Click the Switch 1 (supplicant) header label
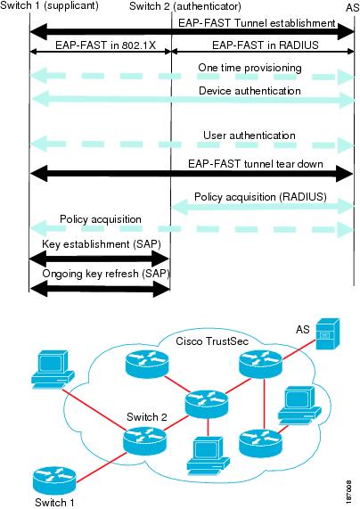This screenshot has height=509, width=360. pyautogui.click(x=49, y=6)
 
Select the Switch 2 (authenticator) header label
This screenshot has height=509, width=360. pyautogui.click(x=185, y=6)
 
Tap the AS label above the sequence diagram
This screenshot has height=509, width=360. pyautogui.click(x=352, y=7)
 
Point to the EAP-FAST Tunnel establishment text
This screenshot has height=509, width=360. pyautogui.click(x=257, y=23)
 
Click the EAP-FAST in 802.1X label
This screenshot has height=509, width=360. pyautogui.click(x=105, y=45)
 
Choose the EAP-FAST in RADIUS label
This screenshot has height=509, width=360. pyautogui.click(x=266, y=45)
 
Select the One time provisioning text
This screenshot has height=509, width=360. pyautogui.click(x=250, y=68)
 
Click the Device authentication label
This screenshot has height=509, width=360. pyautogui.click(x=250, y=91)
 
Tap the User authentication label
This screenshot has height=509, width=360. pyautogui.click(x=250, y=135)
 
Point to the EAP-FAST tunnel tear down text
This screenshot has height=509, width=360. pyautogui.click(x=256, y=163)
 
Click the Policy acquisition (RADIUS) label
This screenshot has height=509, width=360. pyautogui.click(x=260, y=197)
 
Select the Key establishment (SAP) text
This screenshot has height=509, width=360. pyautogui.click(x=102, y=244)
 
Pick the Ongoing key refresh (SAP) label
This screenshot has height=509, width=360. pyautogui.click(x=106, y=274)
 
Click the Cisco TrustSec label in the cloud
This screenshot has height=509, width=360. pyautogui.click(x=212, y=341)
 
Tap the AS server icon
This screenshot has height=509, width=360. pyautogui.click(x=328, y=334)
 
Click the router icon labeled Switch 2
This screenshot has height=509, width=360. pyautogui.click(x=145, y=439)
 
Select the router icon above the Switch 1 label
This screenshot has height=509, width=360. pyautogui.click(x=54, y=480)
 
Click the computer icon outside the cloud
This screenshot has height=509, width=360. pyautogui.click(x=53, y=369)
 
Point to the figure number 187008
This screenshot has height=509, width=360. pyautogui.click(x=348, y=492)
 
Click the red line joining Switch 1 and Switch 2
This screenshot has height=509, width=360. pyautogui.click(x=101, y=468)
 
